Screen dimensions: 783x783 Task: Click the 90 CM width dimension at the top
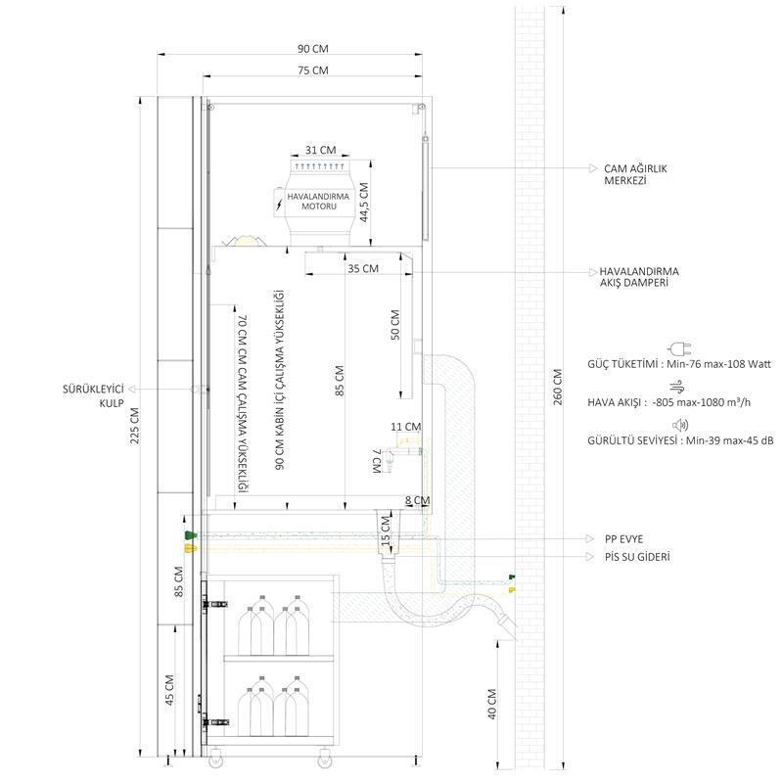pyautogui.click(x=313, y=48)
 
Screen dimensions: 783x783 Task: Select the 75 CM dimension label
pyautogui.click(x=313, y=70)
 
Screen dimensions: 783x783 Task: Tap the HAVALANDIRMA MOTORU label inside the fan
pyautogui.click(x=318, y=202)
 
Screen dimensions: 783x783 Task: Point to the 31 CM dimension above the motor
pyautogui.click(x=321, y=150)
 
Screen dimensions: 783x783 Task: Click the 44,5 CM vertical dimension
pyautogui.click(x=364, y=203)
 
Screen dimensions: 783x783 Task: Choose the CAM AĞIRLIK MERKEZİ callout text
pyautogui.click(x=635, y=174)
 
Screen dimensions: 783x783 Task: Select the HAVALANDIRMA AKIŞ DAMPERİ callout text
pyautogui.click(x=639, y=277)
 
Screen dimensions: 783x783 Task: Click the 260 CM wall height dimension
pyautogui.click(x=558, y=387)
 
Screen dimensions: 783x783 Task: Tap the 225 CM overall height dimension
pyautogui.click(x=135, y=426)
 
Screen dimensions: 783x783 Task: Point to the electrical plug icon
pyautogui.click(x=680, y=348)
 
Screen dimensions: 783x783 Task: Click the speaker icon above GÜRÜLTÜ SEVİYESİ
pyautogui.click(x=680, y=425)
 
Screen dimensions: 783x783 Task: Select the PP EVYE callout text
pyautogui.click(x=623, y=539)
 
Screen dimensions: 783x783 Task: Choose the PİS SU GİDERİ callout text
pyautogui.click(x=637, y=557)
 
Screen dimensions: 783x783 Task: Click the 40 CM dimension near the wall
pyautogui.click(x=492, y=704)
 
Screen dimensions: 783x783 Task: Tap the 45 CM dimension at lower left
pyautogui.click(x=169, y=690)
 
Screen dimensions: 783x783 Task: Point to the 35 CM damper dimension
pyautogui.click(x=363, y=268)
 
